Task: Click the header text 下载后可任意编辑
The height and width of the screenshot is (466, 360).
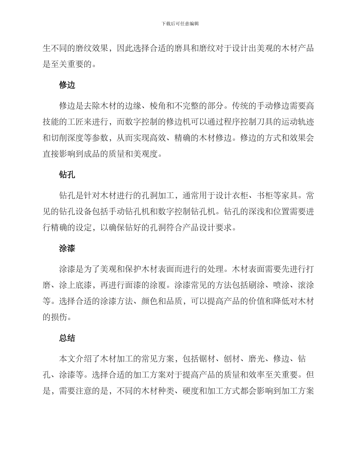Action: (x=180, y=23)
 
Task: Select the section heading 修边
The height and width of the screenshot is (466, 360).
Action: (x=67, y=85)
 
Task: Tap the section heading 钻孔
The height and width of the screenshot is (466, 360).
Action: (x=67, y=175)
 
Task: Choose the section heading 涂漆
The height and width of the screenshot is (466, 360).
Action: (x=67, y=248)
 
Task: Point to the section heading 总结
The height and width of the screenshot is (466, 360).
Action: (x=67, y=338)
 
